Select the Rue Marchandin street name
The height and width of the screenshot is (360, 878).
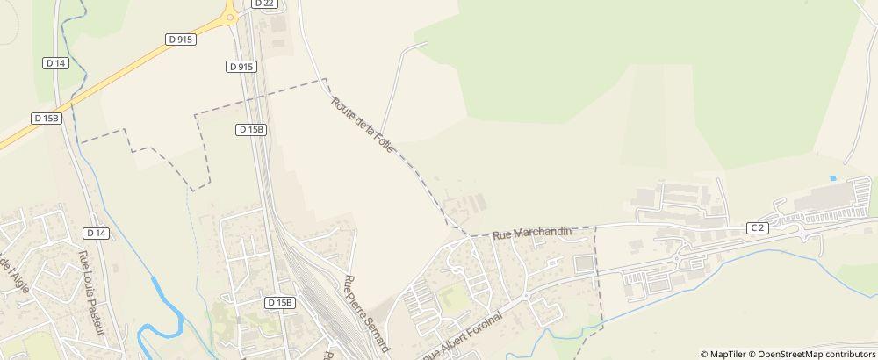531,233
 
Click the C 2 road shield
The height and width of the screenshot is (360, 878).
758,227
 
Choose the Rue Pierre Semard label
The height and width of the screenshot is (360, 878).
366,313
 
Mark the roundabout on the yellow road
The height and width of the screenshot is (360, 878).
230,15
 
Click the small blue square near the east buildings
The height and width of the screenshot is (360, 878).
832,179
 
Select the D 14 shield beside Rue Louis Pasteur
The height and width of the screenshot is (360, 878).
97,233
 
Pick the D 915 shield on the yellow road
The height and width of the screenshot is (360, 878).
179,40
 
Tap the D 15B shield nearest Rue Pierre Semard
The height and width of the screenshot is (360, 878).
279,302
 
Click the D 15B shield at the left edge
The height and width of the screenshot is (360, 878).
47,118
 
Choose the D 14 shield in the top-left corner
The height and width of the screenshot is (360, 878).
54,62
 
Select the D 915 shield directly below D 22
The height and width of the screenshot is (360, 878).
241,67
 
